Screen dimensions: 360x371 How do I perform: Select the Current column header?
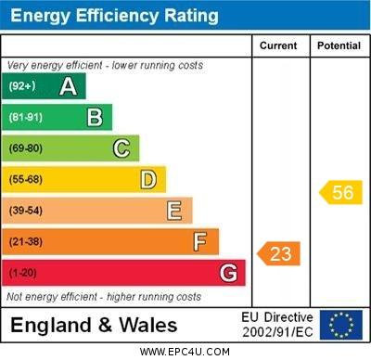point(278,45)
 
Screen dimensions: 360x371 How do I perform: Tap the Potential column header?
point(339,45)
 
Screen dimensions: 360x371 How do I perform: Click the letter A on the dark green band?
point(68,86)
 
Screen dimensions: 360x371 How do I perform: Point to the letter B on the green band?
point(95,117)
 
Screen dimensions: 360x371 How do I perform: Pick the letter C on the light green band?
point(122,148)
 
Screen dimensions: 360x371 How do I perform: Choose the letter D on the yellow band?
point(148,179)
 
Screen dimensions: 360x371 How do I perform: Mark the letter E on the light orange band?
point(174,211)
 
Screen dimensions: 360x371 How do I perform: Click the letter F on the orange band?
point(200,242)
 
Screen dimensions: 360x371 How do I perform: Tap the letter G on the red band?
point(228,274)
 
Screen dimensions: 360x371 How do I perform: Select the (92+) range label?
point(22,86)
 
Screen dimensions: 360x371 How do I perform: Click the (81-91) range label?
point(26,118)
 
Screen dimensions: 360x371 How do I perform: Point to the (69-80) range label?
point(26,148)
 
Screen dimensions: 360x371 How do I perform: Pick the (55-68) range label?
point(26,180)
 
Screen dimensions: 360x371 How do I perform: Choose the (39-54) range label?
point(26,211)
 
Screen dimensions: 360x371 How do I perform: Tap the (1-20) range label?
point(23,274)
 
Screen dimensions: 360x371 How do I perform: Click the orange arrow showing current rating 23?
point(279,253)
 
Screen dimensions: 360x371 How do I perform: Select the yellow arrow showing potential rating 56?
point(340,192)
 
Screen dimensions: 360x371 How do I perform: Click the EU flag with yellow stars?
point(341,325)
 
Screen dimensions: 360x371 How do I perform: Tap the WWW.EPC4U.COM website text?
point(185,352)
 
